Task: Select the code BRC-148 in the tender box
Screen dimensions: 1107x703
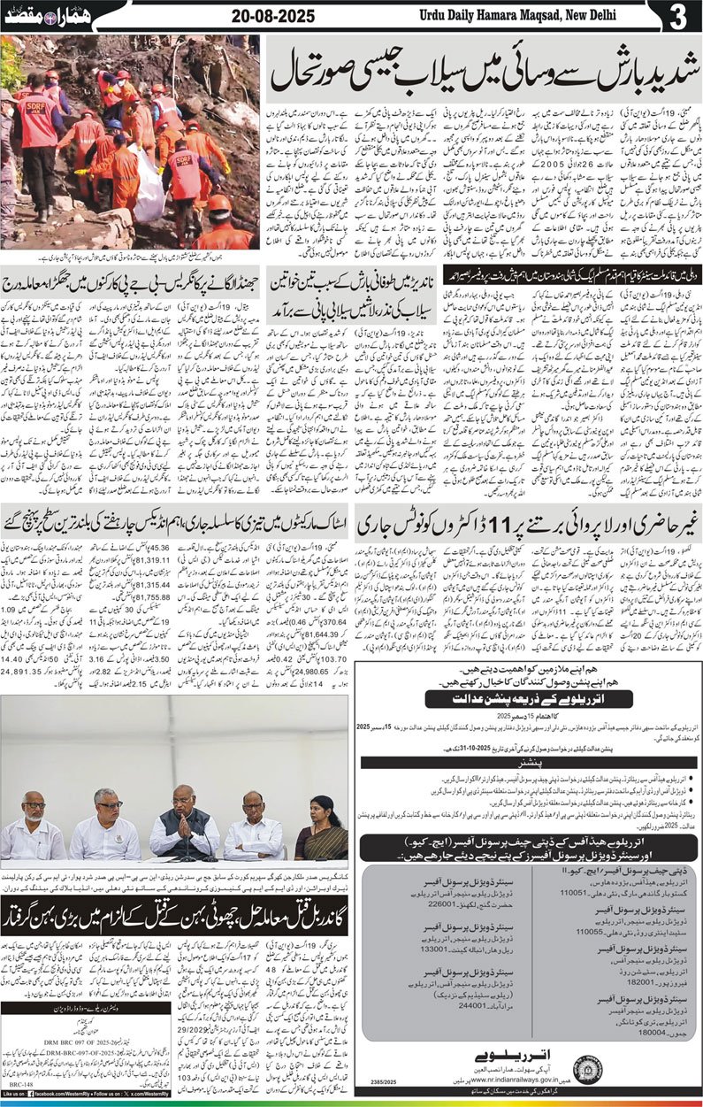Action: click(20, 1082)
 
